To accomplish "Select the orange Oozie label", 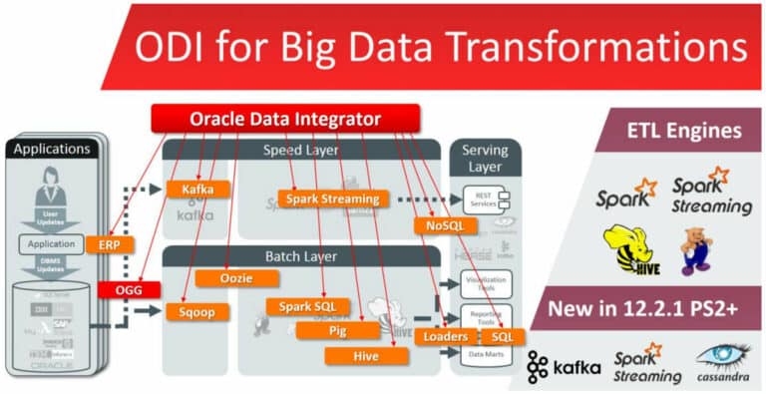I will [x=228, y=277].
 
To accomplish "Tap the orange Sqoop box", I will [x=196, y=311].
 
